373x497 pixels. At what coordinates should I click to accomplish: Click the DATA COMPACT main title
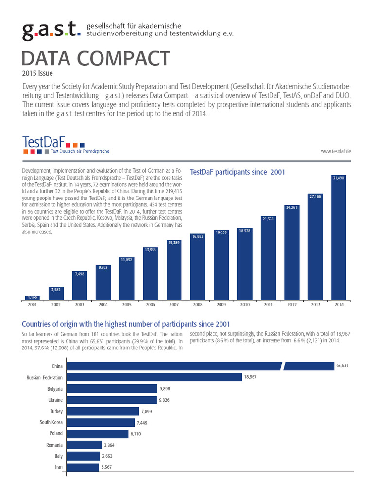pos(96,59)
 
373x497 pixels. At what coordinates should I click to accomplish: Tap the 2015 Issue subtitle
pos(37,73)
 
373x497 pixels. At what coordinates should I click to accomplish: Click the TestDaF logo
pos(53,144)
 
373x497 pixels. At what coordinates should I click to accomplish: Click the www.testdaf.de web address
pos(336,152)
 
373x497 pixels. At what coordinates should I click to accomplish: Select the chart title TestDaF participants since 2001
pos(237,172)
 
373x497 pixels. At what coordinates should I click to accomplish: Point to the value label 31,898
pos(339,179)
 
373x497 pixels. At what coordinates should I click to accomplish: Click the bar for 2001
pos(33,298)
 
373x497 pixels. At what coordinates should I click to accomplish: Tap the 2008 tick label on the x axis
pos(198,304)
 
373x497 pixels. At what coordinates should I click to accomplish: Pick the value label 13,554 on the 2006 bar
pos(150,250)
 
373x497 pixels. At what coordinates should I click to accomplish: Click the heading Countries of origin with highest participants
pos(126,324)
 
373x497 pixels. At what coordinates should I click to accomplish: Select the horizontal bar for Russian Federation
pos(154,377)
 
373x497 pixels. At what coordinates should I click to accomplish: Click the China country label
pos(58,366)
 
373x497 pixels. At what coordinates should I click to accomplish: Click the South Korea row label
pos(51,422)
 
